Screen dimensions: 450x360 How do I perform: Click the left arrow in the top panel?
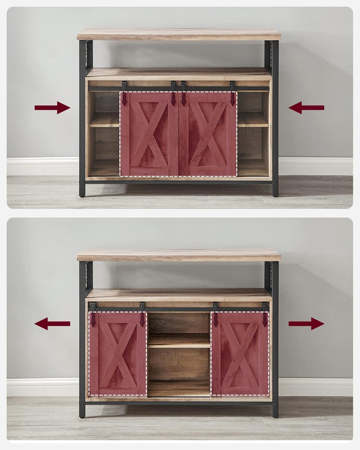tap(52, 107)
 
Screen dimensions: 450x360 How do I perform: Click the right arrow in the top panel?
tap(306, 107)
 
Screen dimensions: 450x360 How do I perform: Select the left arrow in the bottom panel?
tap(52, 324)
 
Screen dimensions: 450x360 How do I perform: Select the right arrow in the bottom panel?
tap(306, 324)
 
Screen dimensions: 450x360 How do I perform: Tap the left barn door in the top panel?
tap(149, 134)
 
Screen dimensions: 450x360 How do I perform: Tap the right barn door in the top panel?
tap(208, 134)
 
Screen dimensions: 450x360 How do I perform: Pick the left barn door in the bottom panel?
tap(118, 354)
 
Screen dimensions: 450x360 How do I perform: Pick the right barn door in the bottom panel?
tap(240, 354)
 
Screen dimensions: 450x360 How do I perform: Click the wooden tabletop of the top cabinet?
tap(179, 34)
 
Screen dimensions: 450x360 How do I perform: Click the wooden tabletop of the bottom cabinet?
tap(179, 255)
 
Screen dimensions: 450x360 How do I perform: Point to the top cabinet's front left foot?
tap(82, 190)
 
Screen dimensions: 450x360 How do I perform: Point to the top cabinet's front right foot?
tap(275, 190)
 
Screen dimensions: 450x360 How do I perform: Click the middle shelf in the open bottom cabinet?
tap(179, 341)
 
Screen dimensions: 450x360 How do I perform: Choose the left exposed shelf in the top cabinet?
tap(104, 119)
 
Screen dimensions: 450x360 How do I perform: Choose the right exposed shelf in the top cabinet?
tap(253, 119)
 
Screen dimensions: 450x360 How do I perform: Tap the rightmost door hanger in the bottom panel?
tap(265, 314)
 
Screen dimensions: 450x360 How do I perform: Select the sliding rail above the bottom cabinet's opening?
tap(179, 309)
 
